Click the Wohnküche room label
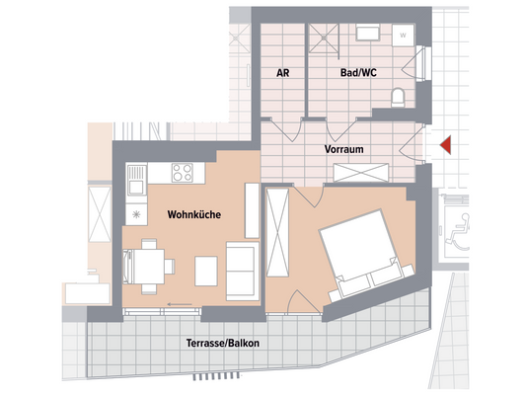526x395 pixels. click(192, 214)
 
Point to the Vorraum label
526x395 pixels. click(345, 150)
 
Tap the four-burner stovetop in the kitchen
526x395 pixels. click(184, 174)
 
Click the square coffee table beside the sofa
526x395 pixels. click(207, 269)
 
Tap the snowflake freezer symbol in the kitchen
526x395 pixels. click(136, 214)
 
